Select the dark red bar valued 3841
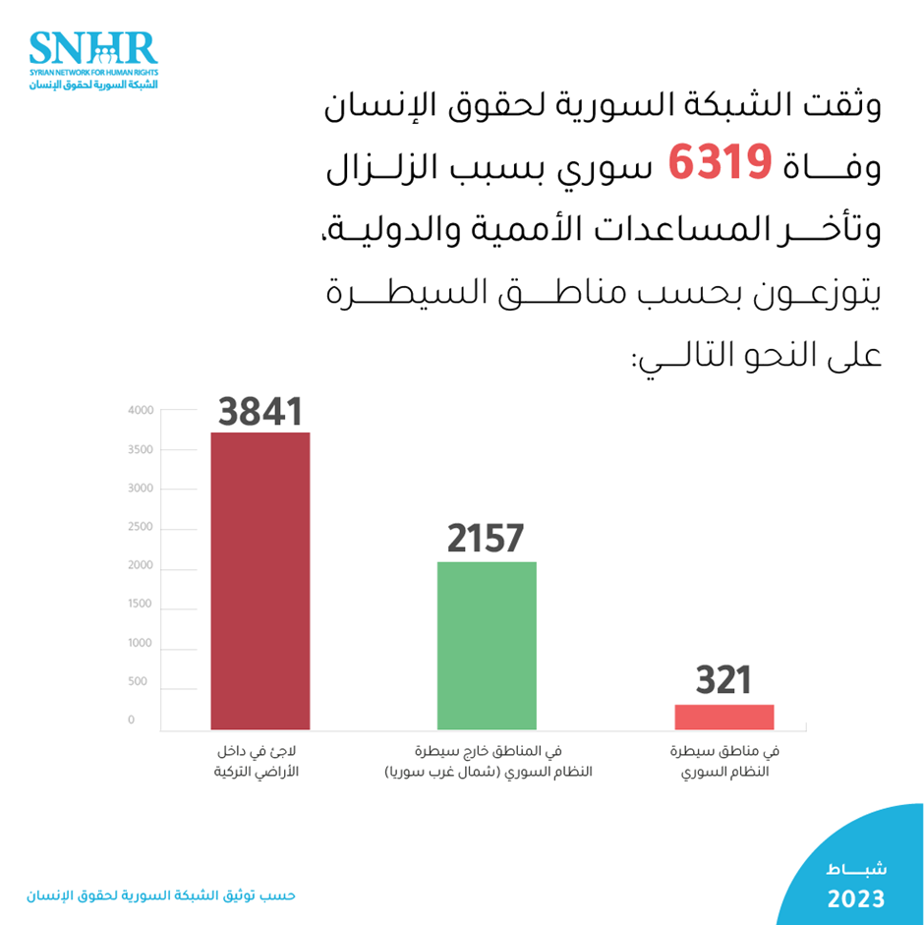(x=260, y=580)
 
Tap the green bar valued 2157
(x=487, y=645)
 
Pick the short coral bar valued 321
(x=724, y=717)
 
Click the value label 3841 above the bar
(x=260, y=411)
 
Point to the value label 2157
(x=486, y=539)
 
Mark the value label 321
(x=723, y=680)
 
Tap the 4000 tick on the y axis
(x=141, y=410)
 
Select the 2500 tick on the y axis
(x=141, y=527)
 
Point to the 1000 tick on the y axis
(x=141, y=643)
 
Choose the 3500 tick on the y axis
(x=141, y=449)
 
